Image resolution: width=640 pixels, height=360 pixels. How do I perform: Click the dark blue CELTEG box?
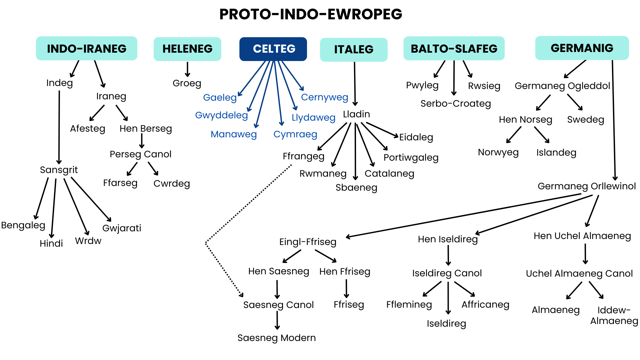pyautogui.click(x=273, y=49)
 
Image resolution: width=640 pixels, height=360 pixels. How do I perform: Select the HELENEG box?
pyautogui.click(x=187, y=49)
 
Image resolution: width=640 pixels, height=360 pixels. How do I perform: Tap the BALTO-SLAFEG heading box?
pyautogui.click(x=454, y=49)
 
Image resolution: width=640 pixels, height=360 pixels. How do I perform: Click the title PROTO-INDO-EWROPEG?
pyautogui.click(x=311, y=14)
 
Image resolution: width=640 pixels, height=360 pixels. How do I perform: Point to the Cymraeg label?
pyautogui.click(x=295, y=134)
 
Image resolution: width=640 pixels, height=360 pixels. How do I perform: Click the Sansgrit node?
pyautogui.click(x=59, y=170)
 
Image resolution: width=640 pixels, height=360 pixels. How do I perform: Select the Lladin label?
pyautogui.click(x=356, y=114)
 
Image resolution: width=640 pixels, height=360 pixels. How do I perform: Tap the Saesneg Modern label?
pyautogui.click(x=276, y=338)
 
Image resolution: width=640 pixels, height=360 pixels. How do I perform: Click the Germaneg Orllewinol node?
pyautogui.click(x=587, y=186)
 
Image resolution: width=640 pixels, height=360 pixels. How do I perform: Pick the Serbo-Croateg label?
pyautogui.click(x=456, y=104)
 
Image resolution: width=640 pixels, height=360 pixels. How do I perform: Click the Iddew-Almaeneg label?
pyautogui.click(x=614, y=315)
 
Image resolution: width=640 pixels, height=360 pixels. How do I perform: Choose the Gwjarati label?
pyautogui.click(x=122, y=228)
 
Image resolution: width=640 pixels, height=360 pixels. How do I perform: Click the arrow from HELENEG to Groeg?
pyautogui.click(x=188, y=69)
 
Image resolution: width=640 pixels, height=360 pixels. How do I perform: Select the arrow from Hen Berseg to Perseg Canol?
pyautogui.click(x=142, y=141)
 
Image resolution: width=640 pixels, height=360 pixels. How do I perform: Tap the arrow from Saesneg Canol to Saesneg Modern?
pyautogui.click(x=277, y=320)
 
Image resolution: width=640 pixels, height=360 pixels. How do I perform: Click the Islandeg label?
pyautogui.click(x=556, y=153)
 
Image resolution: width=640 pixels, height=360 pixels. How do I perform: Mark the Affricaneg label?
pyautogui.click(x=485, y=305)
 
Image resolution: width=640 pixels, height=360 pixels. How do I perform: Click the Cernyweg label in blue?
pyautogui.click(x=324, y=97)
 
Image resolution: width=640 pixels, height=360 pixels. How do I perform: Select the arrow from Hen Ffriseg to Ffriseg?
pyautogui.click(x=347, y=288)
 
